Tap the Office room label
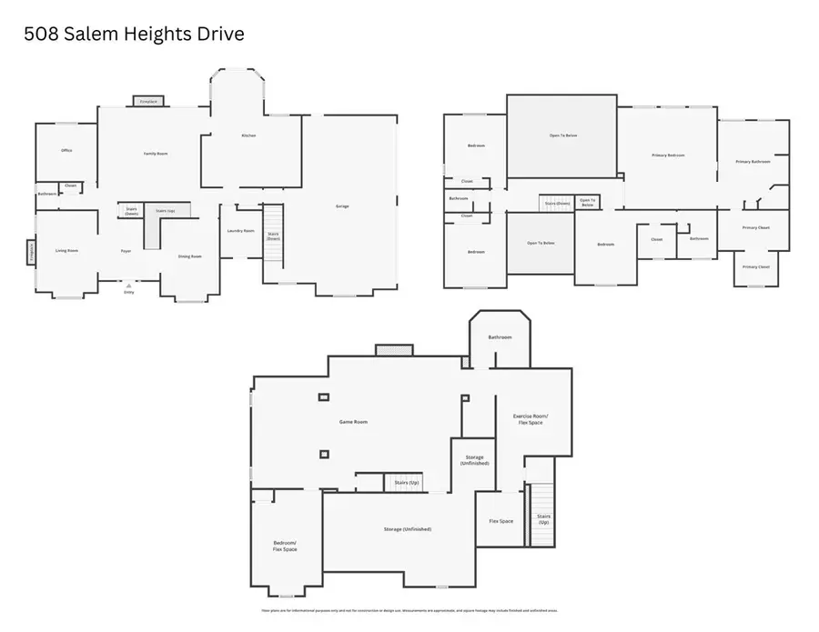(x=66, y=150)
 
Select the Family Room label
(x=156, y=154)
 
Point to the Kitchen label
(x=248, y=135)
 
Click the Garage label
(x=342, y=206)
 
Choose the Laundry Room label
(x=241, y=231)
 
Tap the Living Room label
(x=66, y=250)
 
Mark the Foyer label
(x=126, y=251)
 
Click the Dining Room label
(x=189, y=256)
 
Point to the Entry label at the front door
(x=128, y=292)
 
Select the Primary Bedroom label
(x=668, y=155)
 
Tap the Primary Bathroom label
(x=753, y=161)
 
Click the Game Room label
(x=353, y=422)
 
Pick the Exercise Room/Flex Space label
(x=531, y=419)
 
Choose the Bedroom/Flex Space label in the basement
(x=285, y=547)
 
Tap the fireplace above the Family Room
(x=149, y=102)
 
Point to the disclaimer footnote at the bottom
(x=409, y=611)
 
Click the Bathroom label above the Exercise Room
(x=500, y=337)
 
